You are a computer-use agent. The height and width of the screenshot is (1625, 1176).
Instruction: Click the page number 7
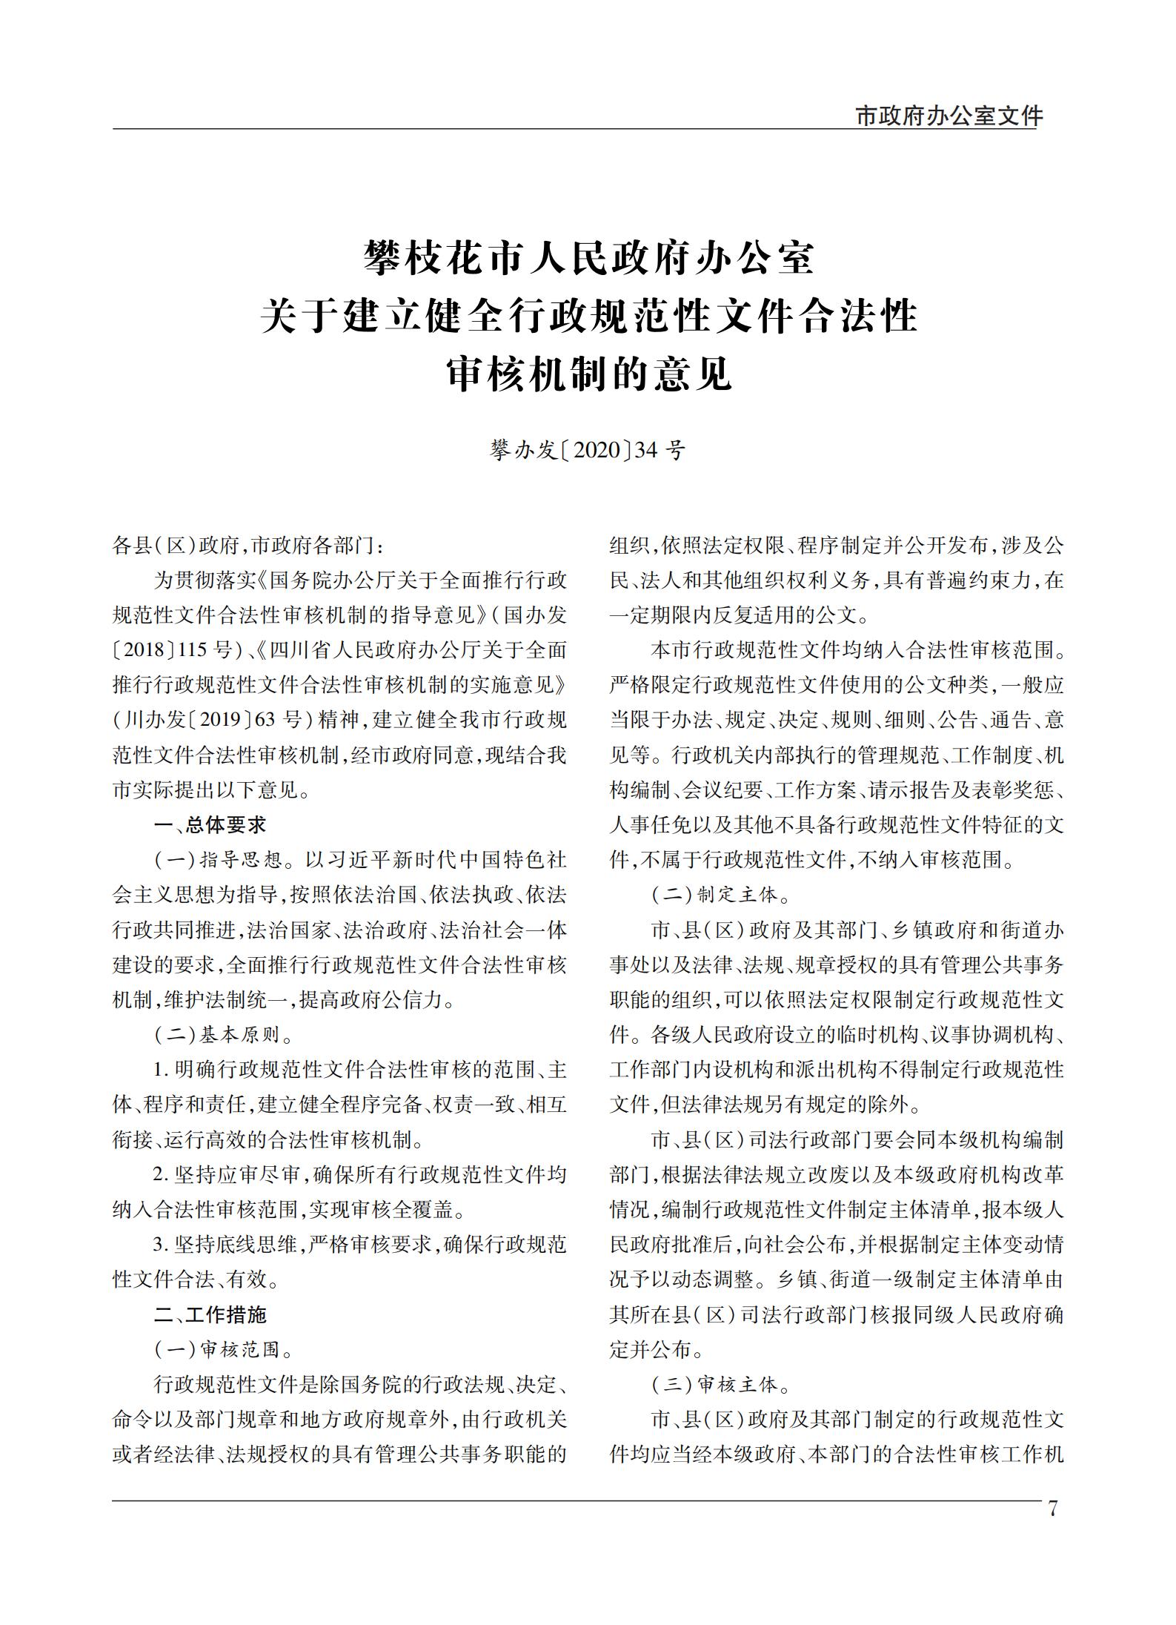(1053, 1509)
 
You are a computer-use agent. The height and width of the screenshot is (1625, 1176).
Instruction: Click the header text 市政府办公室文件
(949, 116)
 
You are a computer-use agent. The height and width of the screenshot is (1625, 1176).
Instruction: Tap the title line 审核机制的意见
(589, 374)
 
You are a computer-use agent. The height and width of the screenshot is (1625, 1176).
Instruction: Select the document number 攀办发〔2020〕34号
(588, 450)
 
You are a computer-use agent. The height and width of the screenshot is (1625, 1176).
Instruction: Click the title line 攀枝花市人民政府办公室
(589, 259)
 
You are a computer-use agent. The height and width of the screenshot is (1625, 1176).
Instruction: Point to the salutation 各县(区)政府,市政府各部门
(248, 546)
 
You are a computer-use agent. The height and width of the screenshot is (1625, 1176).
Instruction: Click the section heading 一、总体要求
(209, 824)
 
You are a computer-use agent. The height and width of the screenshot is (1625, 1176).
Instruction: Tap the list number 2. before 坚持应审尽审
(161, 1175)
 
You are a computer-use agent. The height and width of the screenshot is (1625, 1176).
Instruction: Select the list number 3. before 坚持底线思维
(161, 1245)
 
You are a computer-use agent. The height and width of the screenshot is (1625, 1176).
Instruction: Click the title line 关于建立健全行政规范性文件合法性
(589, 317)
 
